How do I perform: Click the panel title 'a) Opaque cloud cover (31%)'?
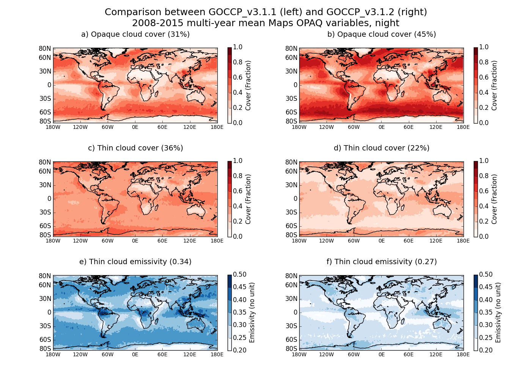tap(135, 34)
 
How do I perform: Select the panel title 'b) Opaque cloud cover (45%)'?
tap(382, 34)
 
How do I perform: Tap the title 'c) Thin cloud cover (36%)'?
tap(135, 148)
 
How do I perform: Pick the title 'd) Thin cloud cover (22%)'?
tap(382, 148)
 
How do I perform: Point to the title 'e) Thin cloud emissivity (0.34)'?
tap(135, 262)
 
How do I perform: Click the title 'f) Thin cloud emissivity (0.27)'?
tap(382, 262)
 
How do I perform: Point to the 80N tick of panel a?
tap(45, 49)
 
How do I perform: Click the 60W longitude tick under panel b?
tap(353, 127)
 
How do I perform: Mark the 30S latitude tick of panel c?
tap(45, 212)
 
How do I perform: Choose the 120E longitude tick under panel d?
tap(436, 241)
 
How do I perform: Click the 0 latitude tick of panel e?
tap(49, 312)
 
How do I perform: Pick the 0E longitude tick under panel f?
tap(381, 354)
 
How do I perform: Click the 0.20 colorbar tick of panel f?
tap(485, 350)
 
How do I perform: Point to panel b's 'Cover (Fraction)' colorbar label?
tap(494, 85)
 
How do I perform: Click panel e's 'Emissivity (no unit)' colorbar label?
tap(252, 313)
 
